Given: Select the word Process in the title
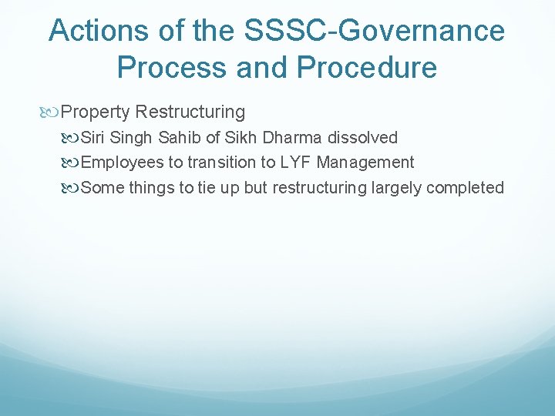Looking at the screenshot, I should click(170, 68).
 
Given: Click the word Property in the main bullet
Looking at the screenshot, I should click(95, 112).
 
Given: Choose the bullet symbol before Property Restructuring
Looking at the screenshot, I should click(52, 112).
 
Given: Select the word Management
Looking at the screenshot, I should click(365, 163).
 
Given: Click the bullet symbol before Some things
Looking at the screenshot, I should click(71, 188).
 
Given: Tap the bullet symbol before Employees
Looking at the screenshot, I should click(71, 163).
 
